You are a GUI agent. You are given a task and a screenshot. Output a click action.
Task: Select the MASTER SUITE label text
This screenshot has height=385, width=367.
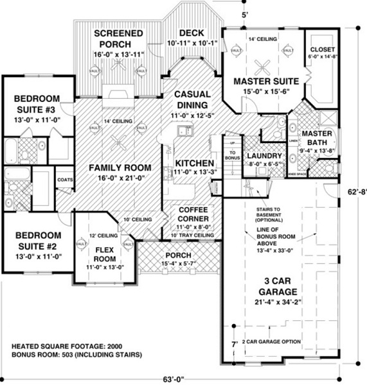pos(265,81)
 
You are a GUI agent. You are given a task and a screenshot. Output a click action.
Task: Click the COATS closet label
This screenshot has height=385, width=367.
pos(66,181)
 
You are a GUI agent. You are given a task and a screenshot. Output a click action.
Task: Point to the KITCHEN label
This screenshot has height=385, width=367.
pos(190,162)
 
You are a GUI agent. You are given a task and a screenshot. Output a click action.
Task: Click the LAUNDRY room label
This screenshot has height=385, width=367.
pos(264,156)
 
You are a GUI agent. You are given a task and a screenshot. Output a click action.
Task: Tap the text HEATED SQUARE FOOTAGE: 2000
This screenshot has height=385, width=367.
pos(62,346)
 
